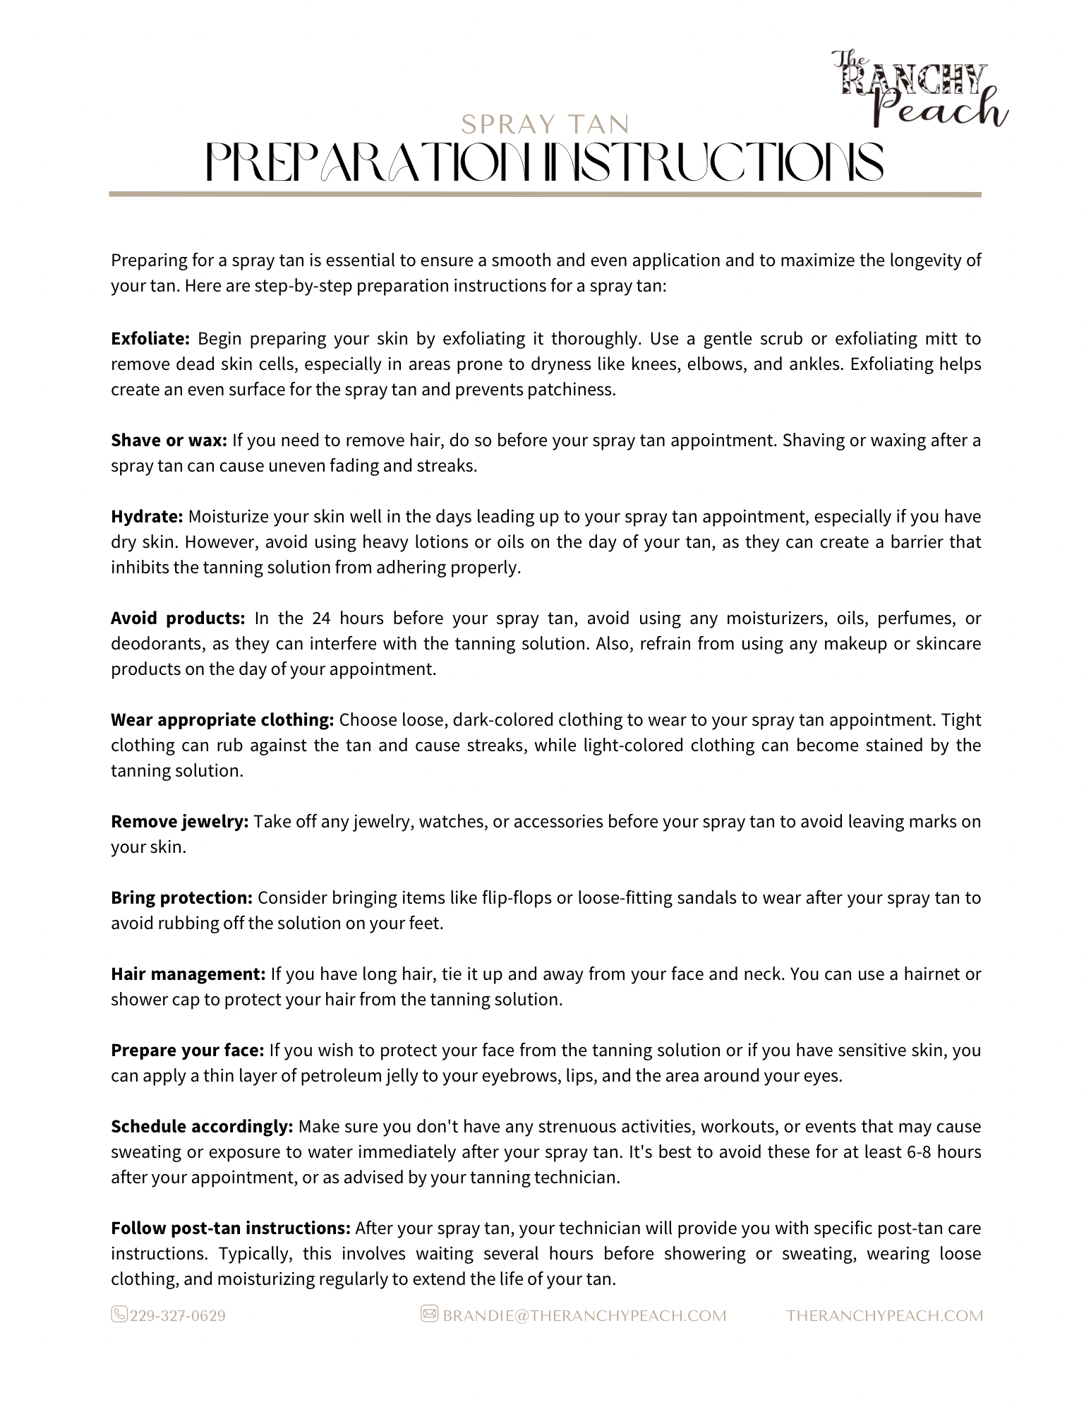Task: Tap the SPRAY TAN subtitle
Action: [545, 125]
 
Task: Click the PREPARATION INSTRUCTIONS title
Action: [544, 162]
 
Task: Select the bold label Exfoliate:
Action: [150, 339]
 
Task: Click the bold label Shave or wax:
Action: [169, 441]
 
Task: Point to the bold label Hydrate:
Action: [147, 517]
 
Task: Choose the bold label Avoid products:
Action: [178, 618]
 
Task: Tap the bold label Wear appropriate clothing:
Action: [222, 720]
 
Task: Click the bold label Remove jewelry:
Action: [180, 822]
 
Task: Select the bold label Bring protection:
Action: [181, 898]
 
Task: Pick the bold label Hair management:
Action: [188, 974]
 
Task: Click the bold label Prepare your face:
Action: [188, 1051]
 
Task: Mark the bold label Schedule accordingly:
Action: [202, 1127]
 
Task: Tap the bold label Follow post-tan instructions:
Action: [231, 1228]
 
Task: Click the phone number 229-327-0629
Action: [177, 1316]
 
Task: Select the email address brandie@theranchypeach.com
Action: [584, 1316]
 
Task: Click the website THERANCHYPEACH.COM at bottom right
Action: [884, 1316]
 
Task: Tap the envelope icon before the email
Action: [429, 1314]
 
